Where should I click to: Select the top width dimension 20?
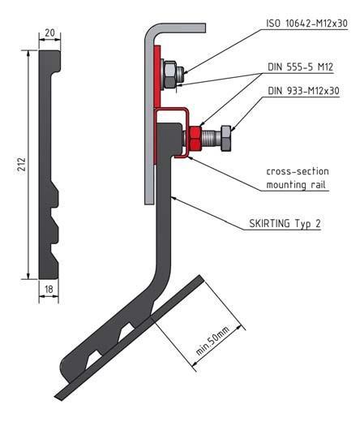pos(49,32)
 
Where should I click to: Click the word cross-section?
pos(297,172)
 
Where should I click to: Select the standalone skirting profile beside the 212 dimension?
pos(49,162)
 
